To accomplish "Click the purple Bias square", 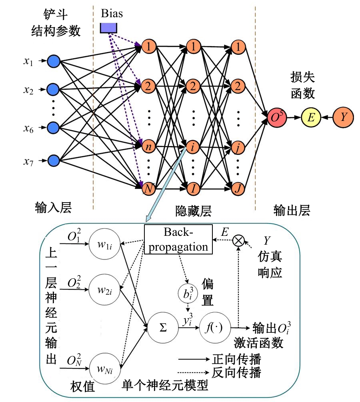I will (x=108, y=27).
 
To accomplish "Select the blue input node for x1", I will (x=53, y=61).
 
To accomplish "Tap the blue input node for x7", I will (x=53, y=161).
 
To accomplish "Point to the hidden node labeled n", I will (x=148, y=147).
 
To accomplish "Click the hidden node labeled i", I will (x=193, y=147).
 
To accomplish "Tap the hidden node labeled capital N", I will (x=148, y=187).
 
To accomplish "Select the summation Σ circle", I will (x=163, y=328).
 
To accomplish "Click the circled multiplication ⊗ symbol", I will (x=238, y=240).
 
